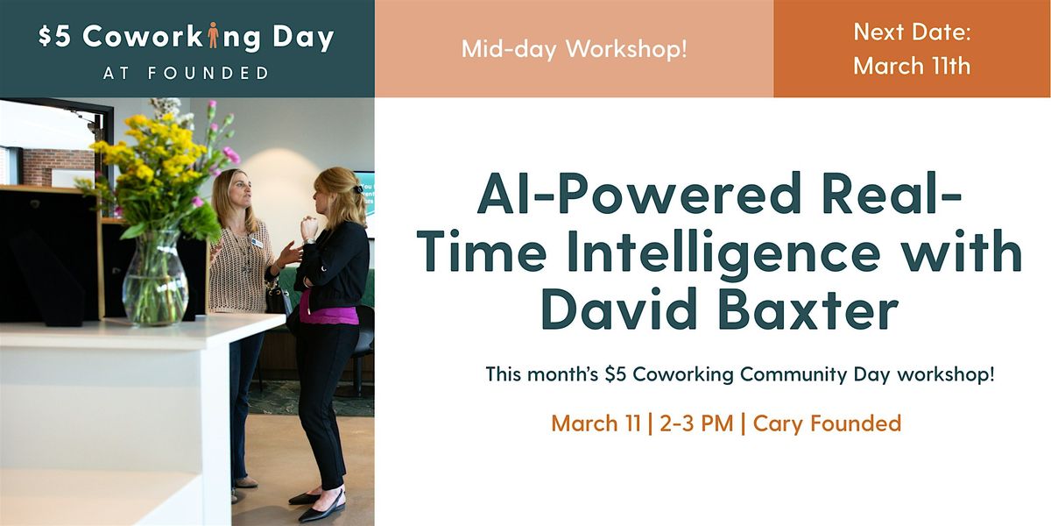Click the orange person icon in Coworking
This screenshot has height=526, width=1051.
pos(213,35)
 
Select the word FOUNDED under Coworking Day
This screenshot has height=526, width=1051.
pos(208,73)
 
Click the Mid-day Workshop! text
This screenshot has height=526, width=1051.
pos(575,49)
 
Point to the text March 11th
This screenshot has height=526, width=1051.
pos(912,65)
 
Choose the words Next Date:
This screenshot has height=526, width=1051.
pos(912,32)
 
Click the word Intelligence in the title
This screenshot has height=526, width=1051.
pos(723,253)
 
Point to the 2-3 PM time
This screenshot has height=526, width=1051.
pos(696,423)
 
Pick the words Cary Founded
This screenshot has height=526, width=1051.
pos(827,423)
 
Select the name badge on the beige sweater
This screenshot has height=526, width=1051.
pos(257,242)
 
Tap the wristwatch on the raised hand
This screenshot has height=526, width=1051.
pos(310,241)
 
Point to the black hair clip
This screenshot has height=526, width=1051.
pos(358,188)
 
